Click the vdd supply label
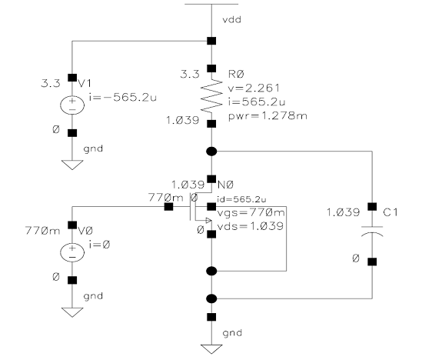click(x=231, y=20)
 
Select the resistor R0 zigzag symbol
click(x=211, y=95)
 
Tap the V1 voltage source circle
click(x=72, y=105)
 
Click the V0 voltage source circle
click(x=72, y=252)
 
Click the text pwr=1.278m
click(x=268, y=115)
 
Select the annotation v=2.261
click(x=254, y=88)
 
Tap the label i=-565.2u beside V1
click(x=123, y=98)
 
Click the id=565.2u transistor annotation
click(x=241, y=199)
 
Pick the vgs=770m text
click(x=251, y=212)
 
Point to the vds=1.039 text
click(x=250, y=225)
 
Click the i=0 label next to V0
click(x=99, y=245)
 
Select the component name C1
click(x=390, y=212)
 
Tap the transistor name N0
click(x=226, y=185)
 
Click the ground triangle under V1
click(x=72, y=165)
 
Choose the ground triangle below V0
click(x=72, y=312)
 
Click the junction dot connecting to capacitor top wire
click(x=211, y=152)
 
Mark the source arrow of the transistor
click(x=208, y=220)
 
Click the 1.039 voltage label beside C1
click(x=343, y=212)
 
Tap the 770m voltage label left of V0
click(x=43, y=231)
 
